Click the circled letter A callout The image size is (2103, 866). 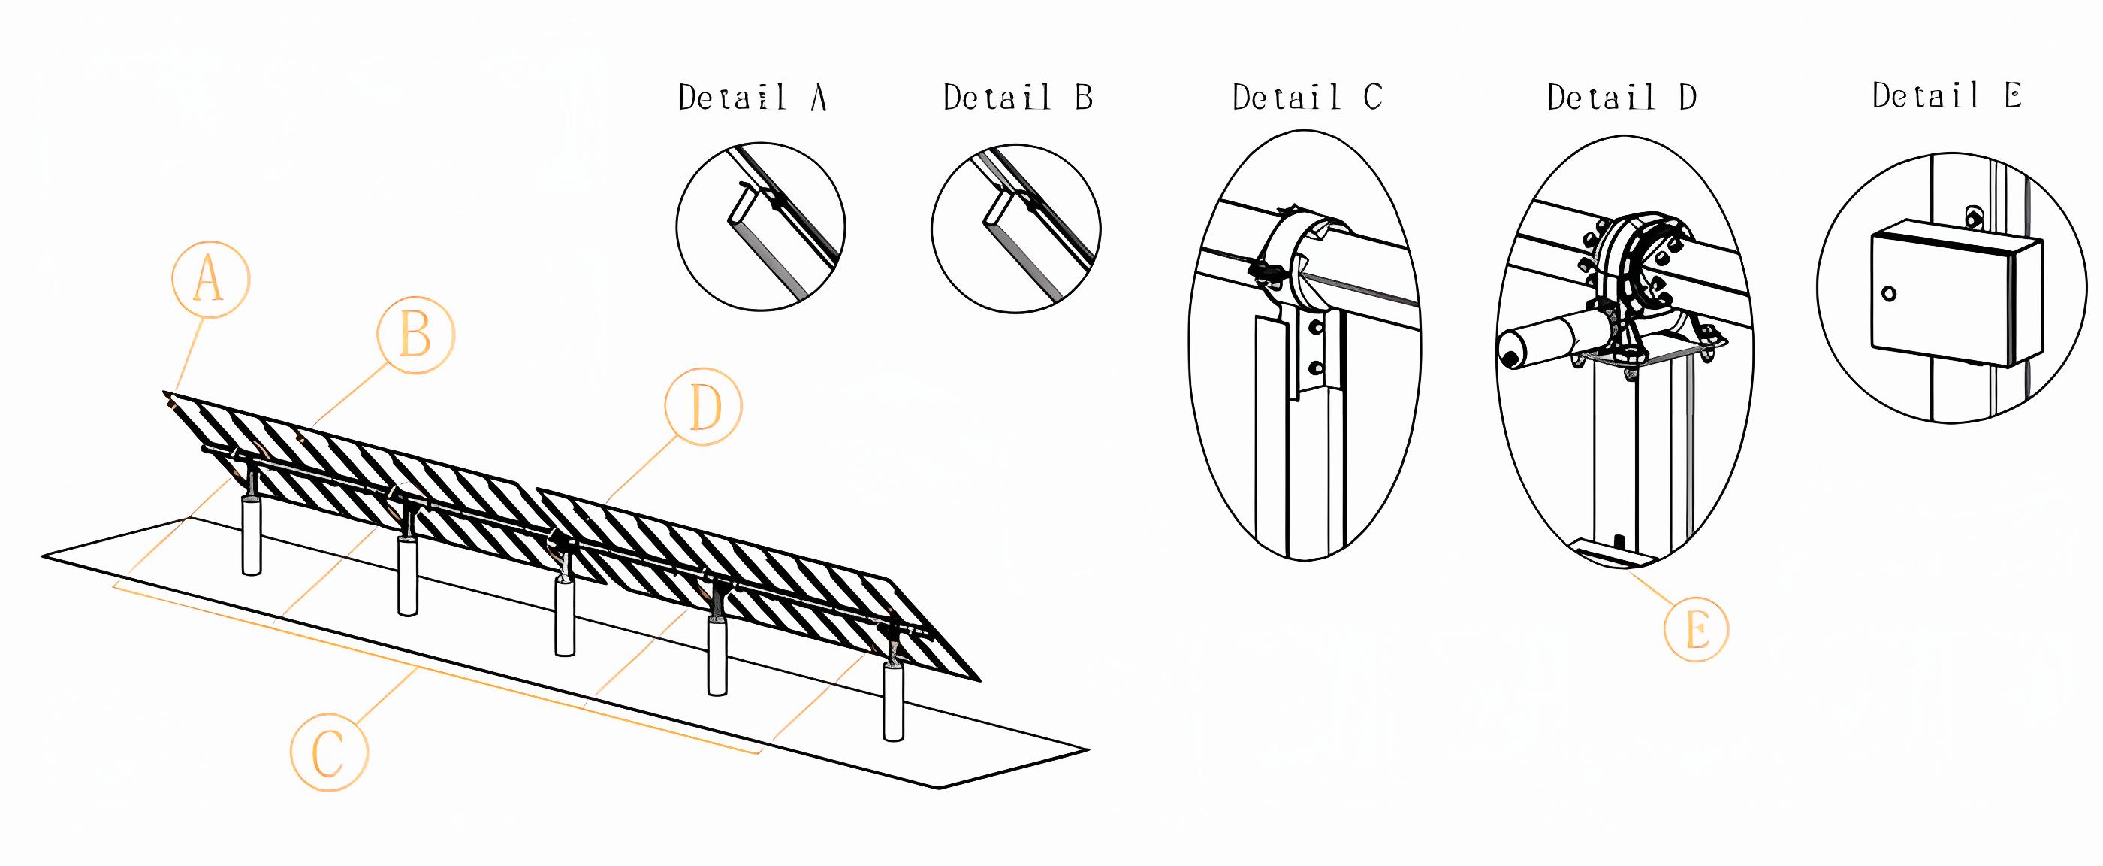click(x=210, y=280)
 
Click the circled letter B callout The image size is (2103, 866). click(x=415, y=335)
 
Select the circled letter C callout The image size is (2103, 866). click(x=329, y=752)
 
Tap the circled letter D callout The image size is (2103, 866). click(x=703, y=407)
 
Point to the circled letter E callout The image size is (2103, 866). click(x=1697, y=631)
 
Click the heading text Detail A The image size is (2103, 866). click(x=753, y=98)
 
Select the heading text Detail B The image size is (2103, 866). click(x=1017, y=98)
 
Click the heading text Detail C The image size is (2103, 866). click(x=1307, y=98)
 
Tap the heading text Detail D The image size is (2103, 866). click(x=1622, y=98)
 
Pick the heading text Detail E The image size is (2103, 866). click(x=1946, y=96)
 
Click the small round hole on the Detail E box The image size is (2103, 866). click(x=1888, y=294)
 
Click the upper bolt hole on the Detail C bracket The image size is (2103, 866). click(x=1314, y=327)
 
